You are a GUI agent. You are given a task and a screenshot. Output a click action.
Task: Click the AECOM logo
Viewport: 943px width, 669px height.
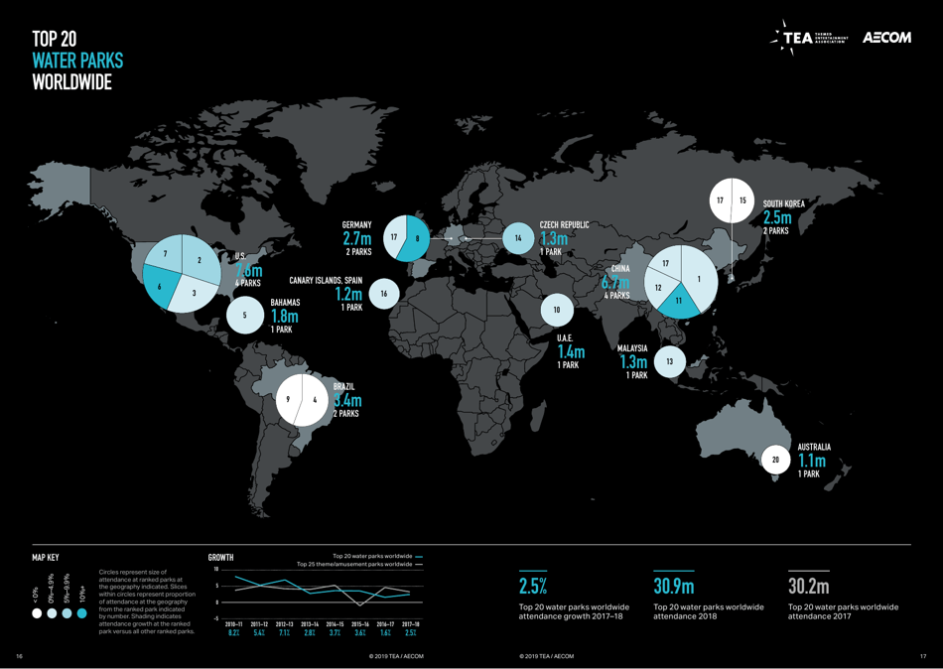tap(886, 38)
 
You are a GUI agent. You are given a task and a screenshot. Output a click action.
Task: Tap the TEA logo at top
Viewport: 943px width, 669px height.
tap(810, 38)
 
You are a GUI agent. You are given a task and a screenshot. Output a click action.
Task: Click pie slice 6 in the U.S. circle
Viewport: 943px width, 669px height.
tap(160, 287)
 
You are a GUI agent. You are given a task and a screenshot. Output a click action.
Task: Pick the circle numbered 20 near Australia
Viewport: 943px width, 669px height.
tap(776, 460)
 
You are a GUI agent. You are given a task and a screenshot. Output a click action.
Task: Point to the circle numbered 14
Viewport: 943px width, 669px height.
tap(518, 238)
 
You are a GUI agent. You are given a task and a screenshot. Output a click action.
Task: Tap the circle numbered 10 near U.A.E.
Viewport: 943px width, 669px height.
tap(557, 311)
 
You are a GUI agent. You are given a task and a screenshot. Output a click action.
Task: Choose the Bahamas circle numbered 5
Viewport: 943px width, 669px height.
tap(244, 316)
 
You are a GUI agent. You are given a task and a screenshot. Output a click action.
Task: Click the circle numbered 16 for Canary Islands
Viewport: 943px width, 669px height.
tap(383, 294)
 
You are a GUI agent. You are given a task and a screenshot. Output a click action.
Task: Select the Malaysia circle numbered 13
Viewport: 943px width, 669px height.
tap(670, 361)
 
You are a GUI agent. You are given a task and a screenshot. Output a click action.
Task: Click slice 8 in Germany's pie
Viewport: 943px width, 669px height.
tap(418, 238)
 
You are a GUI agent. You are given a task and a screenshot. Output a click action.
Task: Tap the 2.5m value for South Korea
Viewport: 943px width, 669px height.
tap(777, 217)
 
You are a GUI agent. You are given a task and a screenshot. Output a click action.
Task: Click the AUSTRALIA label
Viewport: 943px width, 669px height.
tap(814, 448)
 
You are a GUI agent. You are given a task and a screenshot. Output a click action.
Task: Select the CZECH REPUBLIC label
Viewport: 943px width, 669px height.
tap(564, 225)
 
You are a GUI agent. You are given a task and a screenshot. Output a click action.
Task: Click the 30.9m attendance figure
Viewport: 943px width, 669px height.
tap(674, 586)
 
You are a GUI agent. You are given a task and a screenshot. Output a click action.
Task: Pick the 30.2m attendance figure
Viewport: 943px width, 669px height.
tap(809, 586)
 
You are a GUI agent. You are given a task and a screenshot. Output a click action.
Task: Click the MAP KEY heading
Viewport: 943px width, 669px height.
tap(46, 558)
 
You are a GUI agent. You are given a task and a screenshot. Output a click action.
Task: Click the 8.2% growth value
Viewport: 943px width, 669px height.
tap(234, 632)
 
